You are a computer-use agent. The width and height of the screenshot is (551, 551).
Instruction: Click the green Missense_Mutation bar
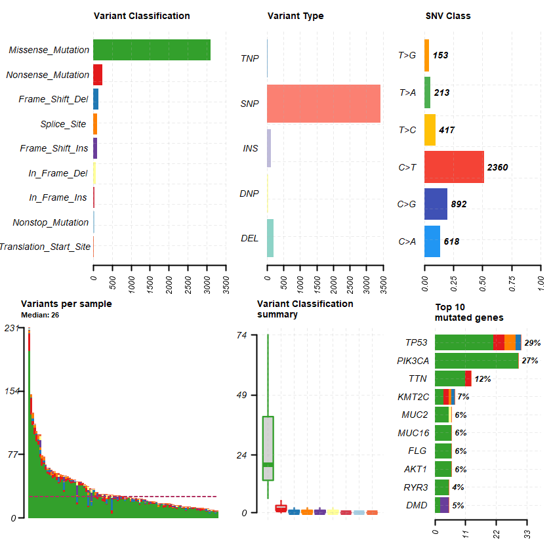point(152,50)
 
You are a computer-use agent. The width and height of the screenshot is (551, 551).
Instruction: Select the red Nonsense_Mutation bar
point(98,75)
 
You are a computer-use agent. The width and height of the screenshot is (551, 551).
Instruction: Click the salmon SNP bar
point(323,104)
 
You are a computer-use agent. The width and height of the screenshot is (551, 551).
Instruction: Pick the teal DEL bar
point(270,238)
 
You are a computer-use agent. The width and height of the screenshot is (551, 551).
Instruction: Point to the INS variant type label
point(251,149)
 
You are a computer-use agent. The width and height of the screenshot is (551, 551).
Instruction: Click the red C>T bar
point(454,167)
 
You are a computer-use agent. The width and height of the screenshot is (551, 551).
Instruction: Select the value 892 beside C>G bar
point(459,205)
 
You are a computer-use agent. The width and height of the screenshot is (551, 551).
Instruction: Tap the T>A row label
point(407,93)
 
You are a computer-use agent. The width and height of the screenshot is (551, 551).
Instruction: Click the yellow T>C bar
point(430,130)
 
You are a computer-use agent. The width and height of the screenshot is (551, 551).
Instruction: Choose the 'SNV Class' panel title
point(448,16)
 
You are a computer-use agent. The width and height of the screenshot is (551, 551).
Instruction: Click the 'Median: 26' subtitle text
point(41,315)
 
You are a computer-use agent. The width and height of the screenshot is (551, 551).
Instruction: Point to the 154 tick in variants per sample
point(12,391)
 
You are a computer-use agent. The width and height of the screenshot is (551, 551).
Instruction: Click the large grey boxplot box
point(268,448)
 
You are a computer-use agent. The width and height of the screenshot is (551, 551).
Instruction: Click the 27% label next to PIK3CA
point(529,361)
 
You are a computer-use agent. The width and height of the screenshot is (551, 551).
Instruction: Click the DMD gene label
point(417,506)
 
